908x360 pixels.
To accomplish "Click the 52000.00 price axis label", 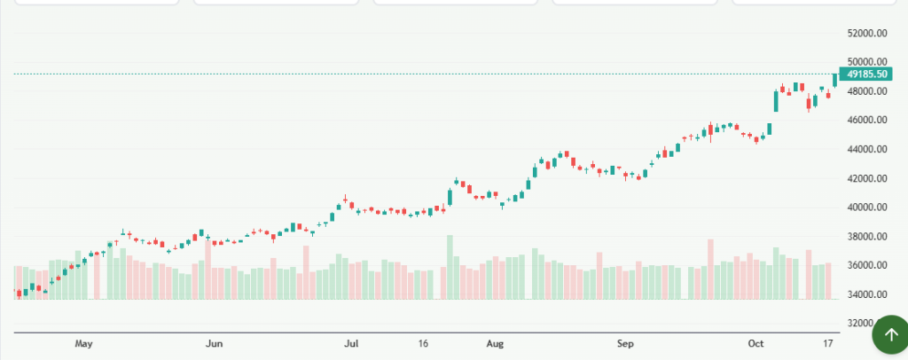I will [x=868, y=34].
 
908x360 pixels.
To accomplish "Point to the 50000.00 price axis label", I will [x=868, y=62].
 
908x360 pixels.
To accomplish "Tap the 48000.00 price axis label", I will [x=868, y=91].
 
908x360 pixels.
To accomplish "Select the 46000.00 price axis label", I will [x=868, y=121].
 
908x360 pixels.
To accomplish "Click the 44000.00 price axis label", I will [x=868, y=150].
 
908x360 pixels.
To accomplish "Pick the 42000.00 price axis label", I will [x=868, y=179].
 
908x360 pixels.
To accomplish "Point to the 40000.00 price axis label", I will [x=868, y=207].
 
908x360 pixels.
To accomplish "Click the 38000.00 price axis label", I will [x=868, y=237].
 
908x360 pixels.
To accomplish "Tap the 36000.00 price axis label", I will [x=868, y=266].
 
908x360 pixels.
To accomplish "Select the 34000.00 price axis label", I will [x=868, y=295].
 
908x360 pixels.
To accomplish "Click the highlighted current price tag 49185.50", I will [x=867, y=74].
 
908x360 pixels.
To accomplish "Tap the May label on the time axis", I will [x=84, y=342].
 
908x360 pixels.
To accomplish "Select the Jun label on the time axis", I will [x=213, y=342].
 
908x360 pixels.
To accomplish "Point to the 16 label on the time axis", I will [x=423, y=342].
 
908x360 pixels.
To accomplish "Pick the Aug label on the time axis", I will [x=495, y=342].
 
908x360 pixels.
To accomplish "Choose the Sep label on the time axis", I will [x=625, y=342].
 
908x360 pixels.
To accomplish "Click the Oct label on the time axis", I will [x=755, y=342].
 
